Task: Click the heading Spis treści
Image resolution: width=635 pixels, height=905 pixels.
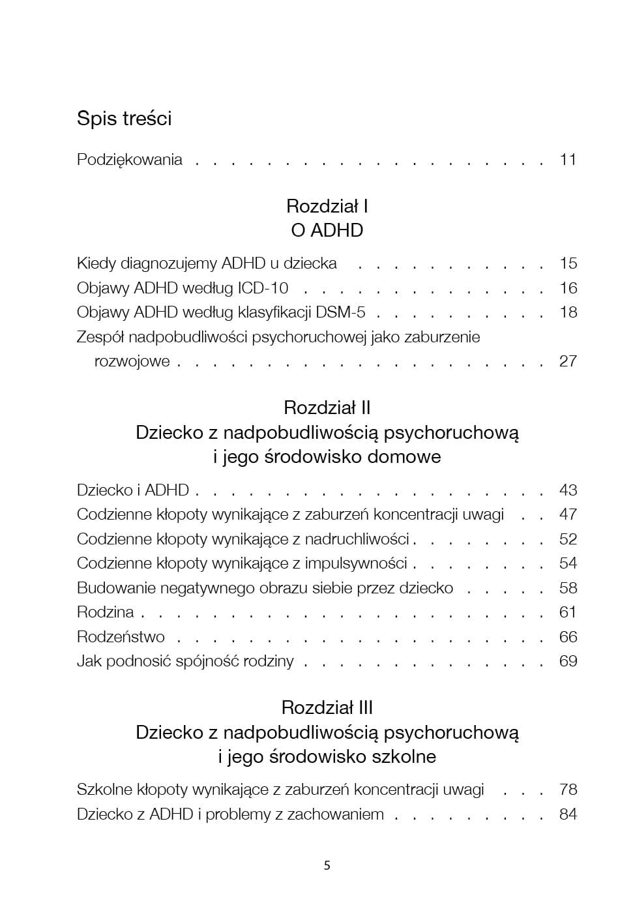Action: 124,119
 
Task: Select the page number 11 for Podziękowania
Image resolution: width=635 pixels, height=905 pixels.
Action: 568,160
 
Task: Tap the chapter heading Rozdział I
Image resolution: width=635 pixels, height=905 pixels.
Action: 327,207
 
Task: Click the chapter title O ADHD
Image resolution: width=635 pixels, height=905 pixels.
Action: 327,230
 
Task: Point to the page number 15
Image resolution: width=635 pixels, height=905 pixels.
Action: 568,263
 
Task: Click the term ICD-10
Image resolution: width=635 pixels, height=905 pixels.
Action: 263,288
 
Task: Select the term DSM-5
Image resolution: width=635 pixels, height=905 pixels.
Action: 340,312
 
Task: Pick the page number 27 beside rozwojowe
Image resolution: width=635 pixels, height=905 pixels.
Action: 568,361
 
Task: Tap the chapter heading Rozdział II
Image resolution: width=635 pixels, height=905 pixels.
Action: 327,408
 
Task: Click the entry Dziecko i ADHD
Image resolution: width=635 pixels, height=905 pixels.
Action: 133,490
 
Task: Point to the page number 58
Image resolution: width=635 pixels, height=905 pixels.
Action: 568,588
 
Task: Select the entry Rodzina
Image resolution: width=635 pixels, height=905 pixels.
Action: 105,612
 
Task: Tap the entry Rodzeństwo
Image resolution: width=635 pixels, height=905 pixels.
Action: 121,637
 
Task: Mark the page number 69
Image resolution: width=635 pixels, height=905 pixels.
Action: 568,661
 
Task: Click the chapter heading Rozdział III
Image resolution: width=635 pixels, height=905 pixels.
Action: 327,708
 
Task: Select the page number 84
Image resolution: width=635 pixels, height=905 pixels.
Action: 568,814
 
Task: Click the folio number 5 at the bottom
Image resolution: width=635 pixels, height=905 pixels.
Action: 327,866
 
